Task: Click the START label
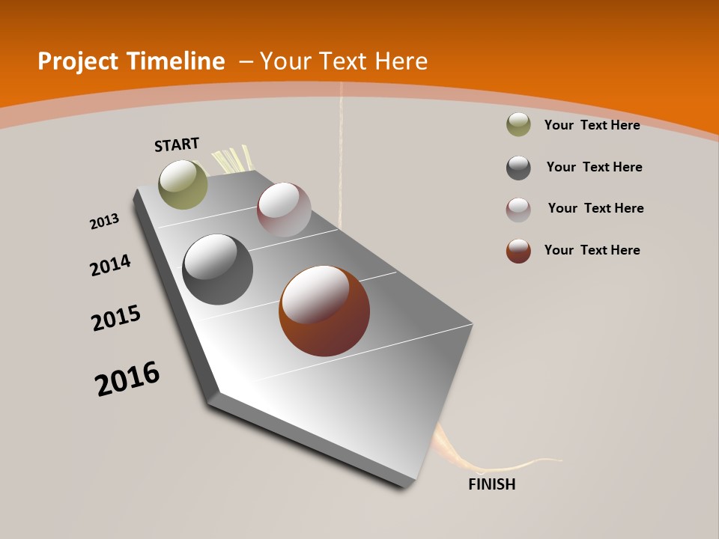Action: [177, 144]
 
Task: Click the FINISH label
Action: [491, 484]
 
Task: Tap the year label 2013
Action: [104, 222]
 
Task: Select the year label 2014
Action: [110, 266]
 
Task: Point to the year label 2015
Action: [116, 318]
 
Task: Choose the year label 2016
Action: [127, 379]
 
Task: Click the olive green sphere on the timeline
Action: [183, 184]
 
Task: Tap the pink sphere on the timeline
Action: [284, 210]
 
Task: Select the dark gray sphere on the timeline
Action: [218, 269]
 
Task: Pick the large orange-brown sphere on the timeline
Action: [324, 311]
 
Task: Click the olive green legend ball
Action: [518, 125]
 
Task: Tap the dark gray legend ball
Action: [518, 168]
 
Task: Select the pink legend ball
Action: [518, 210]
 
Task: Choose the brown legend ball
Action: [518, 251]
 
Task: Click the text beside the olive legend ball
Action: [592, 126]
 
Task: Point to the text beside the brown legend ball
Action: [592, 250]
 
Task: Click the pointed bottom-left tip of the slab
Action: [213, 397]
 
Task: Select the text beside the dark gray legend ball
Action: [594, 167]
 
